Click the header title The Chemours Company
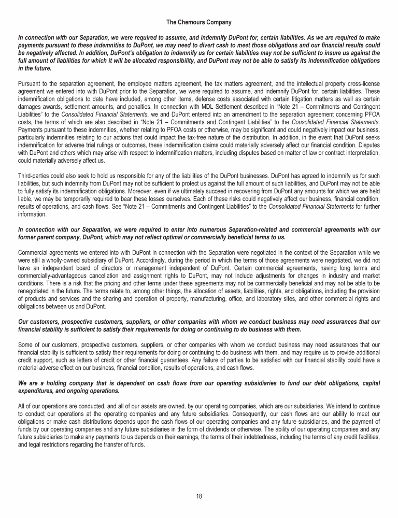pyautogui.click(x=199, y=22)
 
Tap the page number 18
pyautogui.click(x=199, y=496)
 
